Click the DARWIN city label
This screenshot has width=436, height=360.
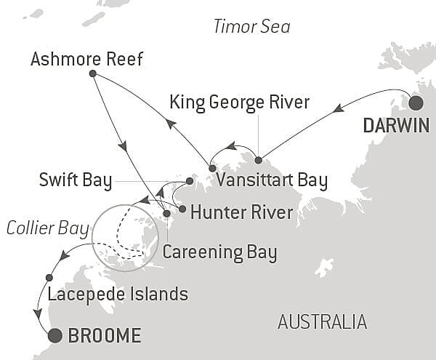click(396, 125)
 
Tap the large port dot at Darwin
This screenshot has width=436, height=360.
click(415, 102)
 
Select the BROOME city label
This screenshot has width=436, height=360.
click(103, 336)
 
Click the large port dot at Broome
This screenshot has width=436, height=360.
click(54, 335)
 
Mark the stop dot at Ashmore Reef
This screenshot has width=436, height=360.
click(92, 73)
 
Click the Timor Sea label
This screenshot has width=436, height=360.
click(251, 27)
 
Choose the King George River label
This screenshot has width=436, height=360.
click(239, 101)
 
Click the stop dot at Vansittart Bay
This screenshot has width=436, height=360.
click(212, 168)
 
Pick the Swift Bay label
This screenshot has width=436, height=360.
click(76, 180)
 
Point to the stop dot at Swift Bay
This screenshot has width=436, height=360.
click(189, 180)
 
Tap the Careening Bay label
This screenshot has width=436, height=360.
click(219, 252)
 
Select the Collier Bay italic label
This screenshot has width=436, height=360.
click(47, 228)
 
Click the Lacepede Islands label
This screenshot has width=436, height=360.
click(118, 295)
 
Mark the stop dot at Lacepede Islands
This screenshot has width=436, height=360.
click(49, 277)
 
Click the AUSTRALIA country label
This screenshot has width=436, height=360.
click(322, 321)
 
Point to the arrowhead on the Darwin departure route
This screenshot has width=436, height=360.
click(337, 110)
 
